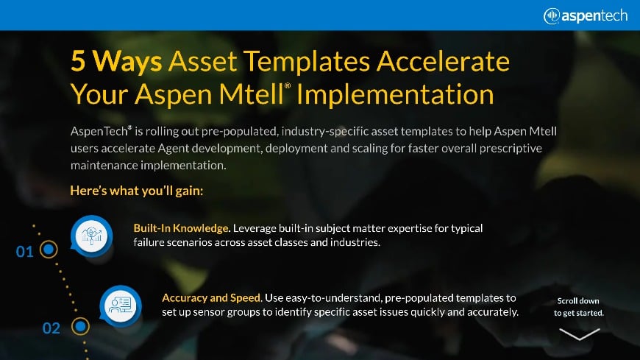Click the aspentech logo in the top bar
coord(586,15)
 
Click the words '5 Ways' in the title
coord(115,61)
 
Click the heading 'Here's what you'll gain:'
coord(136,191)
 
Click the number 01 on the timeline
coord(24,252)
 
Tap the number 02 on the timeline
coord(51,328)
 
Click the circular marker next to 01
coord(48,250)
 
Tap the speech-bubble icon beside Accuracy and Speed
coord(119,303)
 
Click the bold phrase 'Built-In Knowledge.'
coord(179,227)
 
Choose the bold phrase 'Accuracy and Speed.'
coord(212,297)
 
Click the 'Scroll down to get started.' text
coord(579,306)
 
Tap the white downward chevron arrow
coord(579,333)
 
